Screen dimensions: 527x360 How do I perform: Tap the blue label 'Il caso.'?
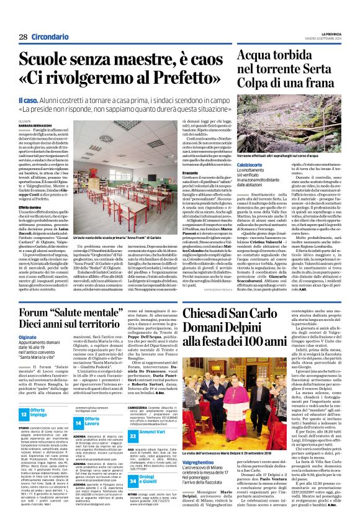pyautogui.click(x=30, y=100)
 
